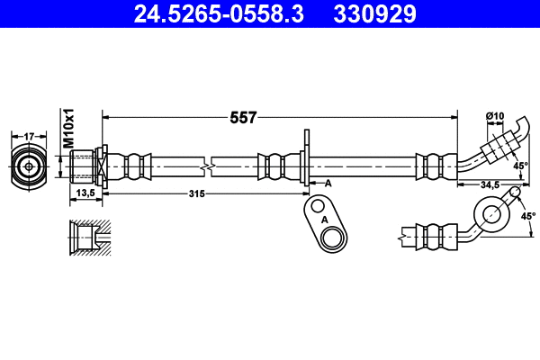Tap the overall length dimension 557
coord(243,117)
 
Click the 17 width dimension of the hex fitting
coord(28,136)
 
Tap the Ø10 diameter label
coord(494,115)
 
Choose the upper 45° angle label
coord(520,166)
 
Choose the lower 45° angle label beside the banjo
coord(528,216)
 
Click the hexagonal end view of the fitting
coord(29,166)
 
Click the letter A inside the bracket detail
coord(321,219)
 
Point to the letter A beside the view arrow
coord(328,184)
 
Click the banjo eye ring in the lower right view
coord(491,213)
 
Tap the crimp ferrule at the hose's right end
coord(431,166)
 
